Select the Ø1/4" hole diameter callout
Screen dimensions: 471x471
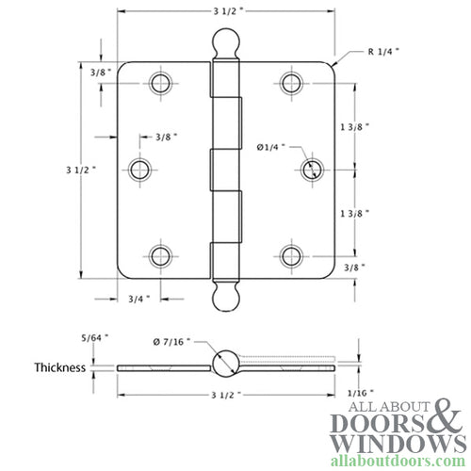pyautogui.click(x=269, y=146)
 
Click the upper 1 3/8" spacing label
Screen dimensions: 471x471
pyautogui.click(x=356, y=125)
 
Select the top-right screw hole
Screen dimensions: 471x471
pyautogui.click(x=290, y=82)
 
